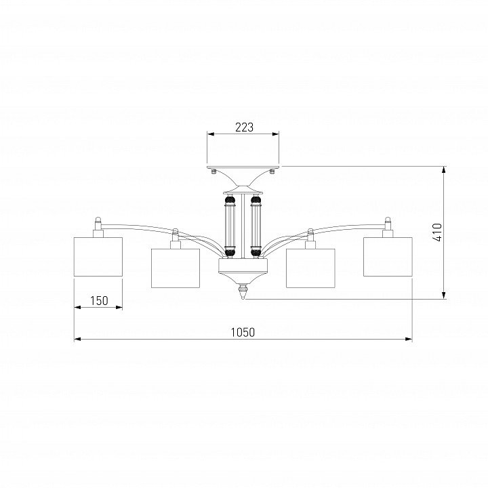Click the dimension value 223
pos(244,127)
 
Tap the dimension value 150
pos(99,301)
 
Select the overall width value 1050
pos(243,332)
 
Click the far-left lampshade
pos(98,257)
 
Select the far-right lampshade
pos(388,257)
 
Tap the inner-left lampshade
pos(176,268)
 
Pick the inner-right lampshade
pos(310,268)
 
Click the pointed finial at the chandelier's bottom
pos(243,291)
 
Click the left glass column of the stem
pos(230,225)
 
